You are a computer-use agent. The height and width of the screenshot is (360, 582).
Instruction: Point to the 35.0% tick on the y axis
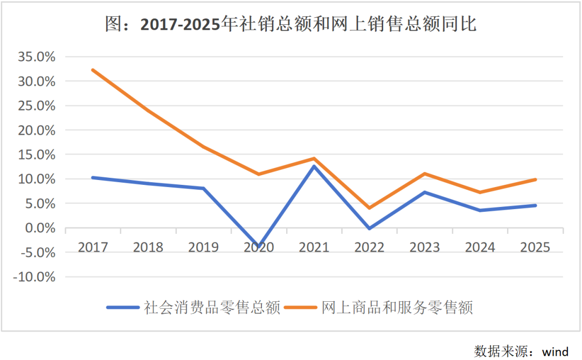click(38, 57)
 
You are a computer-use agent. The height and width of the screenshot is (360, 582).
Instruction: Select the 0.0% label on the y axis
click(40, 228)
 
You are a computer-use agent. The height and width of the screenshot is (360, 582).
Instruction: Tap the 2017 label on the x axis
click(93, 247)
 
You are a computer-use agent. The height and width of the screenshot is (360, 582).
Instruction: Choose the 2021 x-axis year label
click(314, 247)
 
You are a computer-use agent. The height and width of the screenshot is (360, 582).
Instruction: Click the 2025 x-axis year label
click(535, 247)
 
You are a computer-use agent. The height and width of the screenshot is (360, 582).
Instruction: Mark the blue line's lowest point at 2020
click(259, 246)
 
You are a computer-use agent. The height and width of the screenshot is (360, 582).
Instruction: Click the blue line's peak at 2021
click(314, 166)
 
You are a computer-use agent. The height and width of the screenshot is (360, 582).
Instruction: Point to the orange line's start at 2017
click(93, 70)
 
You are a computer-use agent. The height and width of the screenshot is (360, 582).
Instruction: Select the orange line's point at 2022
click(370, 208)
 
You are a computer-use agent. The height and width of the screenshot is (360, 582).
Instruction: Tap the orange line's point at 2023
click(425, 174)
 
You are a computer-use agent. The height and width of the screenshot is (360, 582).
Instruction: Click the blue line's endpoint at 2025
click(535, 205)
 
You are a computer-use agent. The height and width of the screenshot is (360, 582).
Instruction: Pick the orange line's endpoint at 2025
click(535, 179)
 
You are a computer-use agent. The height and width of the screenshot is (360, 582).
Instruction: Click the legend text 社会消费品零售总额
click(212, 308)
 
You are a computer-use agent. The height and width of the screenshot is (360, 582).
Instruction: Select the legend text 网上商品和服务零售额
click(397, 308)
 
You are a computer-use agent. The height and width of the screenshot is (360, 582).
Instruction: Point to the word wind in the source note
click(555, 352)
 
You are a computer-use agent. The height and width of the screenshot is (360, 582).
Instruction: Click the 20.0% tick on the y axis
click(38, 130)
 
